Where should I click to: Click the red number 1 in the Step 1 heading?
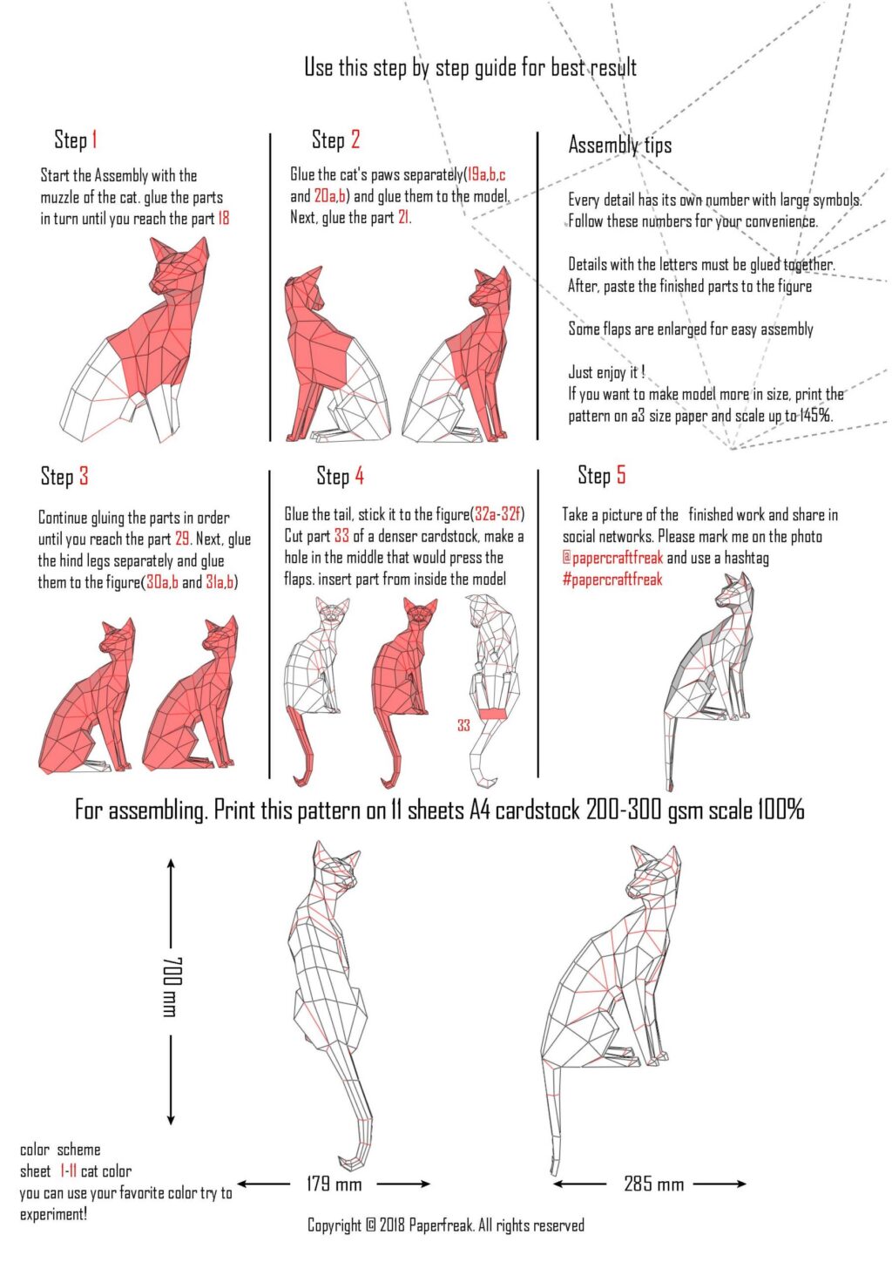click(94, 139)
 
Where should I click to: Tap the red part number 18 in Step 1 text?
click(224, 219)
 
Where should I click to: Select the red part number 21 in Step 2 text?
click(403, 218)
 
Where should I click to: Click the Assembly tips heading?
click(619, 145)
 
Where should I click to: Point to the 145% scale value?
click(815, 416)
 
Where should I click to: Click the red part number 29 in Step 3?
click(183, 539)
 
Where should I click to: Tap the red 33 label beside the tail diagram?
click(463, 725)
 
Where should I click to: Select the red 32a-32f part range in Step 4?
click(498, 514)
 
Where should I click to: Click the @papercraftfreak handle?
click(612, 558)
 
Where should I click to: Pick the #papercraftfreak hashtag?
click(612, 580)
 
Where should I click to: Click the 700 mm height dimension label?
click(171, 986)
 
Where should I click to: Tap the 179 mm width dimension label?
click(334, 1184)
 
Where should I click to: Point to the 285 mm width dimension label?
click(653, 1184)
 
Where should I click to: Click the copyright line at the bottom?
click(445, 1225)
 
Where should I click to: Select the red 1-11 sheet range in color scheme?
click(68, 1171)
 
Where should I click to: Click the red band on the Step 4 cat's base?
click(493, 714)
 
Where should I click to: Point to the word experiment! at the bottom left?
click(53, 1214)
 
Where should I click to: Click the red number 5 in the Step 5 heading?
click(620, 475)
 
